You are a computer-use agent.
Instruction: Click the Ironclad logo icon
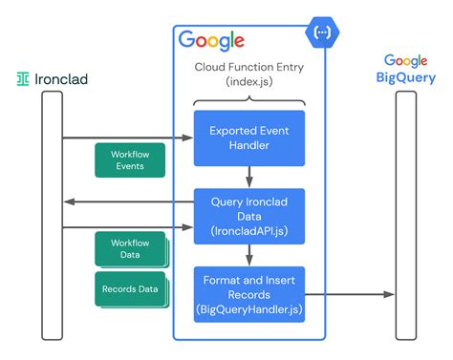tap(22, 78)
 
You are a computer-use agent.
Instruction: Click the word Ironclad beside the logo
tap(60, 78)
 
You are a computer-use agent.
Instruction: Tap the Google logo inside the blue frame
tap(211, 39)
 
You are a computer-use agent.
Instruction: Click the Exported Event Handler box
tap(249, 138)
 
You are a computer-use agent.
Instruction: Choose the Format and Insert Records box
tap(249, 292)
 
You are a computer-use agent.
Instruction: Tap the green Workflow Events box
tap(129, 159)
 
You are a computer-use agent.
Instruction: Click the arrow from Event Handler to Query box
tap(249, 176)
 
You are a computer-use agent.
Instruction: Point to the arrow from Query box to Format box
tap(249, 253)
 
